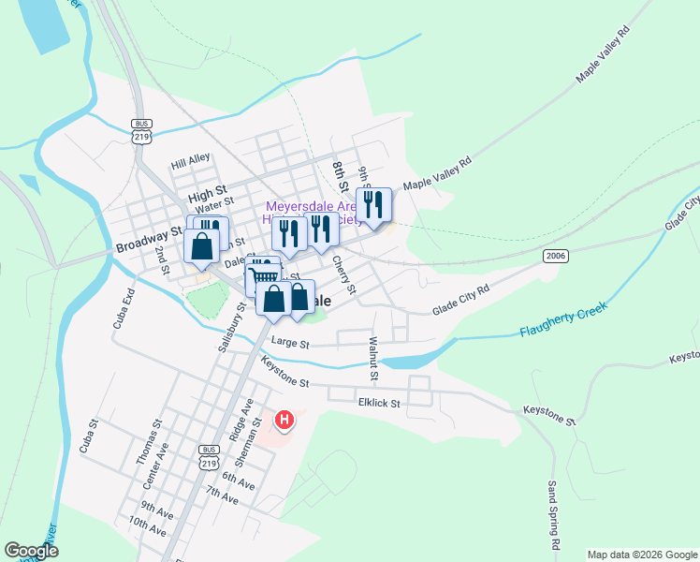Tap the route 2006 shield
pos(556,256)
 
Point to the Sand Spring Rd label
pos(554,515)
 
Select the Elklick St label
pos(378,404)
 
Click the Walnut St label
pos(373,359)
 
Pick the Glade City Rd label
pos(461,301)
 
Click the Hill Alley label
pos(191,161)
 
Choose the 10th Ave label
pos(148,526)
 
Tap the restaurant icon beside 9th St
pos(373,204)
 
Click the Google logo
pos(32,551)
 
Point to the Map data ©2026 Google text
pos(641,555)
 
